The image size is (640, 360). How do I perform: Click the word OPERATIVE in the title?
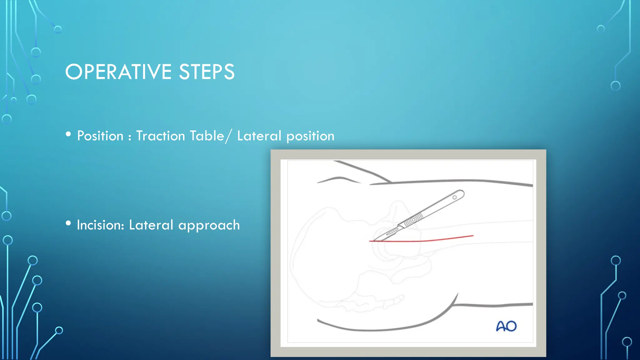click(118, 72)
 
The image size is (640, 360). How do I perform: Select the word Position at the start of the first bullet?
click(100, 136)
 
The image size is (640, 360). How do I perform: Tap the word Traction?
click(160, 136)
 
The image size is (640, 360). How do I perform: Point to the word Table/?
click(211, 136)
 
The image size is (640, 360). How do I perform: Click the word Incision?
click(100, 225)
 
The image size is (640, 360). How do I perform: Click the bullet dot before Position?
click(68, 134)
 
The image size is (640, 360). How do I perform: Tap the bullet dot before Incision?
click(68, 223)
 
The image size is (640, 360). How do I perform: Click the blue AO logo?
click(506, 326)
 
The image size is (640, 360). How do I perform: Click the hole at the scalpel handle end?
click(455, 197)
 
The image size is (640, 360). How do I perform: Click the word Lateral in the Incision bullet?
click(151, 225)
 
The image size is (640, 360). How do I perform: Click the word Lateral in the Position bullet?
click(259, 136)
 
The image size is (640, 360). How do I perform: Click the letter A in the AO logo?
click(501, 327)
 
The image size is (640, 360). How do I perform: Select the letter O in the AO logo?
click(511, 326)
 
